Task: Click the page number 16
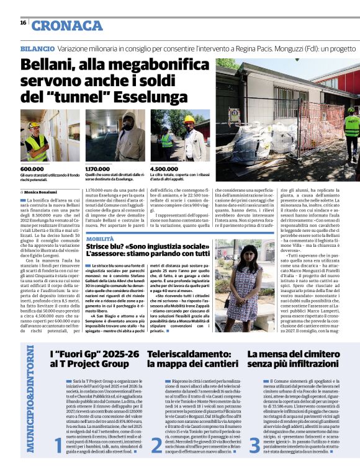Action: (23, 23)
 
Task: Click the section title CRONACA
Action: (67, 25)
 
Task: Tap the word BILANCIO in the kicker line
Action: (37, 48)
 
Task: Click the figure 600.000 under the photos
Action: (32, 169)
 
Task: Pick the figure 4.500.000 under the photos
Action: (165, 169)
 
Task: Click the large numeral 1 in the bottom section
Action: (58, 445)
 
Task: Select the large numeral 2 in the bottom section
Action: (156, 445)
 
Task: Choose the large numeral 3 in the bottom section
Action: (254, 445)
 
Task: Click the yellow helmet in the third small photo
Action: (189, 119)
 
